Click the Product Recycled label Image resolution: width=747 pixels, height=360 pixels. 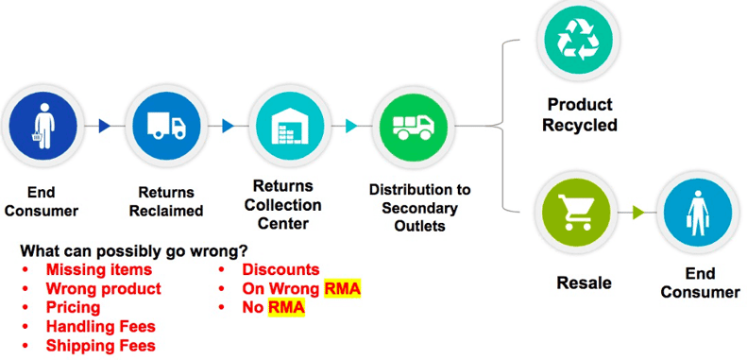coord(579,114)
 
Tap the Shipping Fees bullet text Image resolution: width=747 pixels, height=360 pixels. coord(100,346)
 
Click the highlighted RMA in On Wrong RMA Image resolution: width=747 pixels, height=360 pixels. coord(343,289)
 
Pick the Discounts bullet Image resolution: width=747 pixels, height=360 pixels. coord(280,270)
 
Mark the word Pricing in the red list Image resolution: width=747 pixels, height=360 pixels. coord(73,308)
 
